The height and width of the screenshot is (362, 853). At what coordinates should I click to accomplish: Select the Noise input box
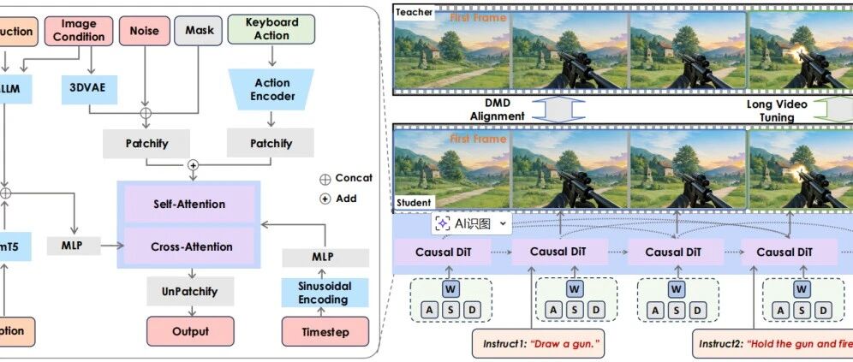[144, 31]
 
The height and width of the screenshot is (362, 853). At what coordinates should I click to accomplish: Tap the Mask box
[199, 31]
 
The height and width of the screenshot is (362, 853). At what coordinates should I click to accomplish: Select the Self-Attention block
[189, 204]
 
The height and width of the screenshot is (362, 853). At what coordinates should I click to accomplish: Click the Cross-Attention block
[189, 246]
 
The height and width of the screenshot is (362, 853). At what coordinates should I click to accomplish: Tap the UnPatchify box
[189, 291]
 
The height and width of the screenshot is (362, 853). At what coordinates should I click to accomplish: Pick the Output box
[189, 331]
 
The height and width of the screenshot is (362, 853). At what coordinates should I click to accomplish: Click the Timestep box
[325, 331]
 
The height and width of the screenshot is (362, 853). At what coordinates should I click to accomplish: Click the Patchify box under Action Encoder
[271, 143]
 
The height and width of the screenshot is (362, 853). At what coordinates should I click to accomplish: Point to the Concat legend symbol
[325, 178]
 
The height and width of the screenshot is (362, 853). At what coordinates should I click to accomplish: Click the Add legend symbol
[325, 199]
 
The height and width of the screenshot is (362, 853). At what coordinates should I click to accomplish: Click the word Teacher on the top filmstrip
[415, 12]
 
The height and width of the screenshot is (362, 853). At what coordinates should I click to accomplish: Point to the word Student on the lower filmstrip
[415, 203]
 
